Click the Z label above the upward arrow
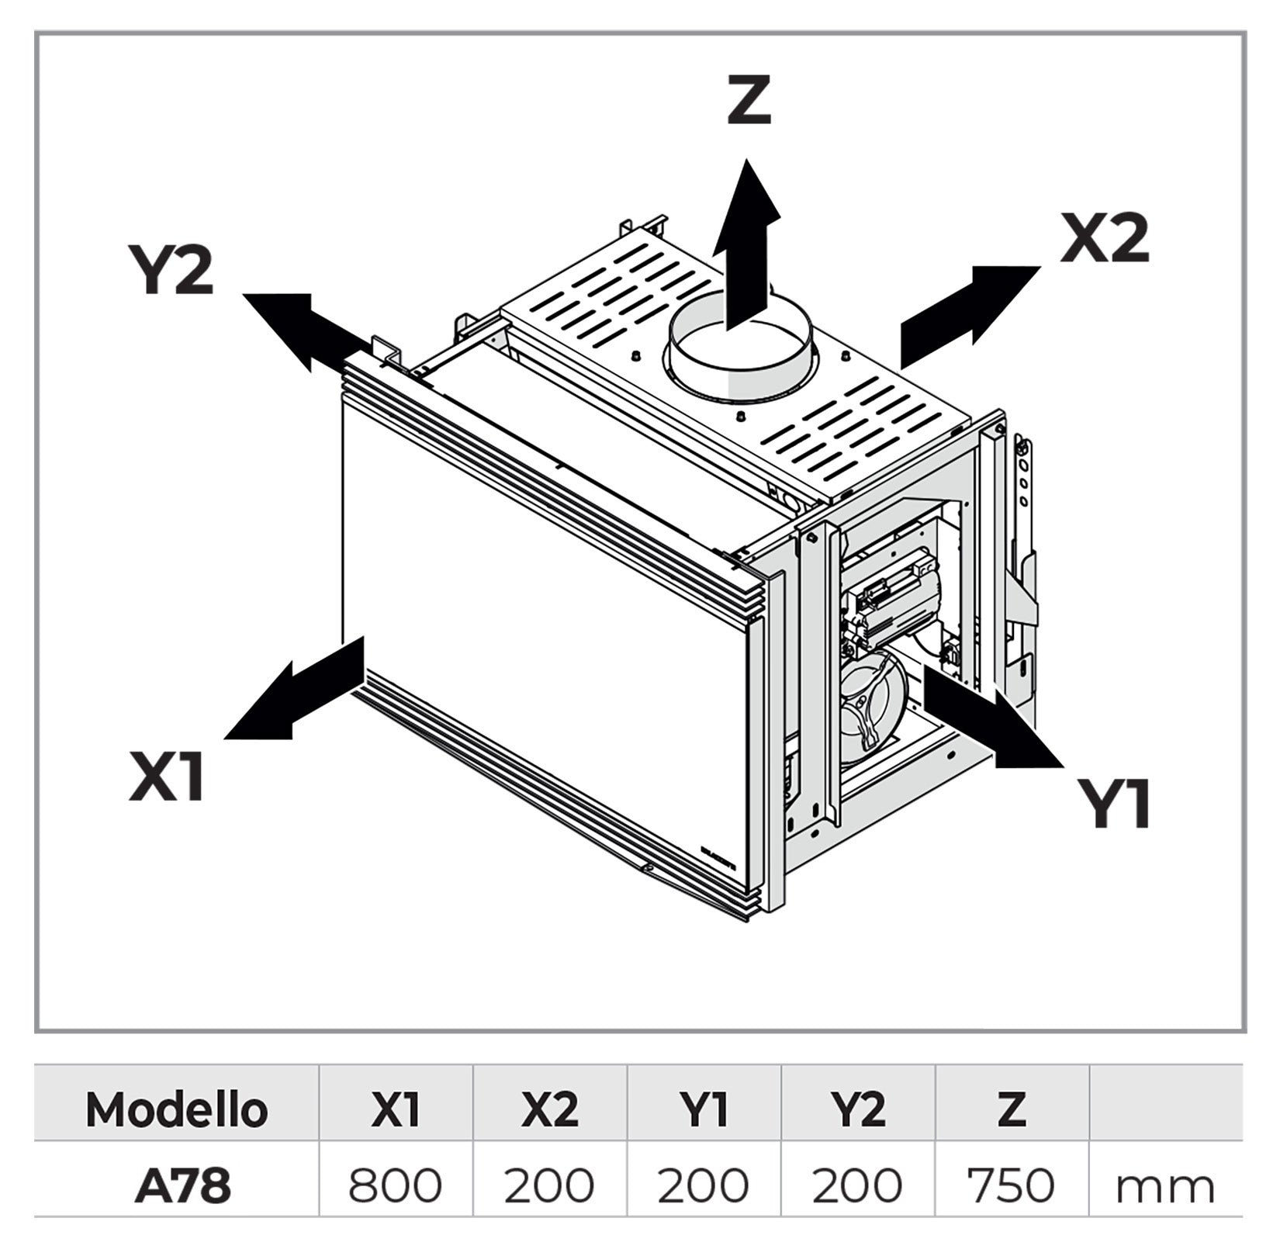[x=749, y=101]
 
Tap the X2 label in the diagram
[x=1104, y=238]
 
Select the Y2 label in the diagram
[x=171, y=269]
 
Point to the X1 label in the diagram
[x=167, y=777]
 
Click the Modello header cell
[x=177, y=1110]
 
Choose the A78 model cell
[x=183, y=1186]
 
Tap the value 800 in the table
[x=395, y=1186]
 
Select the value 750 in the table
[x=1011, y=1186]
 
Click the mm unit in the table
[x=1164, y=1189]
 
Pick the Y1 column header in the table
[x=703, y=1110]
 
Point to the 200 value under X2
[x=549, y=1186]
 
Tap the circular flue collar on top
[x=740, y=349]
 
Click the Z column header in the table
[x=1011, y=1110]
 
